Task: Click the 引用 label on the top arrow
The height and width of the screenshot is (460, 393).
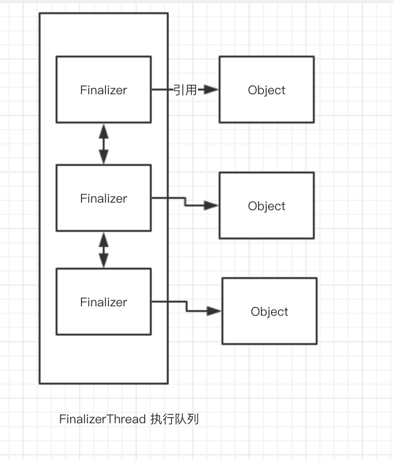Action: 185,90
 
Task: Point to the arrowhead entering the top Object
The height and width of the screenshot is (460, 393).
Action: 213,90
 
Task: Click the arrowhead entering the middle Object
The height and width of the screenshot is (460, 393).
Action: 212,205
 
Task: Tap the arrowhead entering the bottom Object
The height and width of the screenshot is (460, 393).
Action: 214,311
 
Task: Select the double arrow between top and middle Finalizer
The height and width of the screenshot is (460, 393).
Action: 104,144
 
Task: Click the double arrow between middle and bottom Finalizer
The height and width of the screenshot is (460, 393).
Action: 104,250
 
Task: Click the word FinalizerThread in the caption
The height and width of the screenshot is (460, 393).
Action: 102,419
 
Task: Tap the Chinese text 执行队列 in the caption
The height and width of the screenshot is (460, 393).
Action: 174,419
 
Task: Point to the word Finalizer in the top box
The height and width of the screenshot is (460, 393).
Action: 104,90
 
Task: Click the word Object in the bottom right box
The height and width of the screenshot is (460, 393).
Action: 270,312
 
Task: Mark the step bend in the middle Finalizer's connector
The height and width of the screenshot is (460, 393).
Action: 185,202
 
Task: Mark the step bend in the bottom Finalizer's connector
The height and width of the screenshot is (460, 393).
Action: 187,306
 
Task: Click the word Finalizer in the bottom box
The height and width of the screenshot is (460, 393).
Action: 104,302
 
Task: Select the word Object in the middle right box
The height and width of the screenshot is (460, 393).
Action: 267,206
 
